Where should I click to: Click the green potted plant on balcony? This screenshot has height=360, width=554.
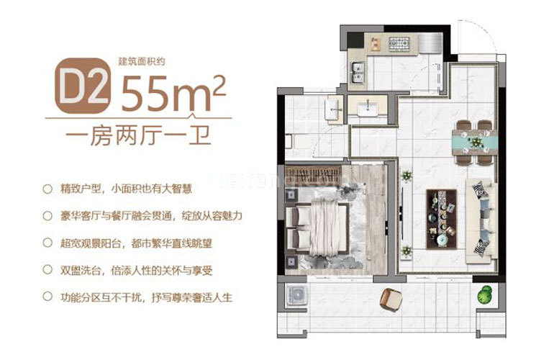pyautogui.click(x=485, y=293)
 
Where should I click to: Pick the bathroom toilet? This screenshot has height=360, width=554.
pyautogui.click(x=290, y=139)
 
